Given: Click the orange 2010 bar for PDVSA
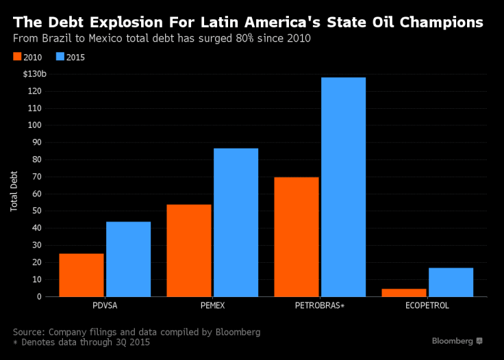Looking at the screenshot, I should [x=81, y=275].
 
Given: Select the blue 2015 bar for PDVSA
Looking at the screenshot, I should [x=128, y=259].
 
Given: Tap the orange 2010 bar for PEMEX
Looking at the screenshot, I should [x=189, y=250].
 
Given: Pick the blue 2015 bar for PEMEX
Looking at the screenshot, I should [x=236, y=222].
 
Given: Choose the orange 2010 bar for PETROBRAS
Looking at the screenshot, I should [x=296, y=237].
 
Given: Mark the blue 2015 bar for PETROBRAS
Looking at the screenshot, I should [x=343, y=187].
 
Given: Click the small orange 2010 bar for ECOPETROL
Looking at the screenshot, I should [x=403, y=292].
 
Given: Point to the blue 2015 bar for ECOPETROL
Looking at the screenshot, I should [x=451, y=282].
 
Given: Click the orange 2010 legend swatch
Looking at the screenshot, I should [x=17, y=57].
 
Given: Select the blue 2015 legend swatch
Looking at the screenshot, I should [x=60, y=57].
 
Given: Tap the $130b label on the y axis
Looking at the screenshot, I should [x=34, y=74].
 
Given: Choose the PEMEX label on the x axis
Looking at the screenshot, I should [x=212, y=306].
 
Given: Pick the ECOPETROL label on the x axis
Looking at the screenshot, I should [x=427, y=306].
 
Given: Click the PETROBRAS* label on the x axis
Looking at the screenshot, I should [x=320, y=306].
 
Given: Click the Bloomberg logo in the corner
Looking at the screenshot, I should [x=457, y=341].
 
